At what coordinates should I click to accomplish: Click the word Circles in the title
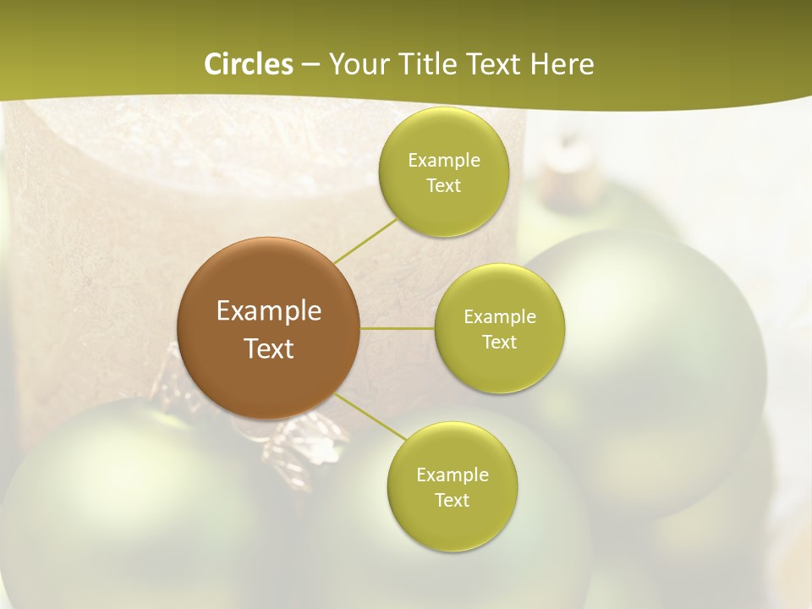tap(249, 64)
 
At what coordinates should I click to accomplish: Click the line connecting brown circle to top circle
tap(365, 241)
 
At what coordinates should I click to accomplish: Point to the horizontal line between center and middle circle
tap(398, 328)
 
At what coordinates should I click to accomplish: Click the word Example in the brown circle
tap(269, 311)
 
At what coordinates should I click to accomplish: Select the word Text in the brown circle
tap(269, 348)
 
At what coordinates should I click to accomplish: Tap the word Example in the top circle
tap(443, 160)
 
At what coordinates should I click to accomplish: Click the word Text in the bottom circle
tap(452, 500)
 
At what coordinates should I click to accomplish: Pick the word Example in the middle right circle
tap(500, 316)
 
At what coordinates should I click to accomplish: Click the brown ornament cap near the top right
tap(564, 173)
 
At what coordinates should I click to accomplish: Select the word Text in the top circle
tap(443, 186)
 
